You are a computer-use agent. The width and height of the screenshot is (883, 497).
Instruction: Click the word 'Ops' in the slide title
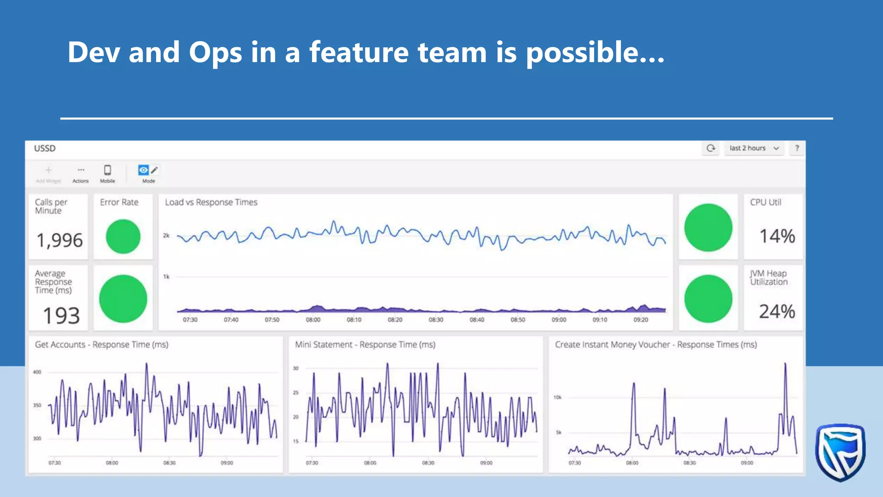215,53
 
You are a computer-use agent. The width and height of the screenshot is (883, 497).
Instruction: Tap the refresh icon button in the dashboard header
711,148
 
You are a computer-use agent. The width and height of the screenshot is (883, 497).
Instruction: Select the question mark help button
797,148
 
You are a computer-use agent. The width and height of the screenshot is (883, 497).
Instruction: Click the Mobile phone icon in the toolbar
107,170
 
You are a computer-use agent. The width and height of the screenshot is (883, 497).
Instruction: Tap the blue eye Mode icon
143,170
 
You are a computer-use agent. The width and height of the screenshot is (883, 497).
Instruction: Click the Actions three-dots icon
81,170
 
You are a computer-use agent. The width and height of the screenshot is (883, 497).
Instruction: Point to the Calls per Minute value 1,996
59,240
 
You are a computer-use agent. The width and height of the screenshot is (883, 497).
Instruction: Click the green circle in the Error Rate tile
123,236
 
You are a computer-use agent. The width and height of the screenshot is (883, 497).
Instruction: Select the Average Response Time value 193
61,315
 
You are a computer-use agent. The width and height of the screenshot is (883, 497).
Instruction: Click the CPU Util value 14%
777,236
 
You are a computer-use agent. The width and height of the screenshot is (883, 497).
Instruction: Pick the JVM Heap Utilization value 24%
777,311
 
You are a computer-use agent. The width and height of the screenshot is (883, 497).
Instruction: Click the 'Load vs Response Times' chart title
211,202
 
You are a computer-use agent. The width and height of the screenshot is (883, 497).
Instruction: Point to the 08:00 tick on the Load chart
313,320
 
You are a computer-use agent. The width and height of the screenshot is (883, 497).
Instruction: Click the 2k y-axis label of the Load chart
166,236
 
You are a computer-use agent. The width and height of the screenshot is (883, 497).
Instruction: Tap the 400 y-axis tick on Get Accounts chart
37,372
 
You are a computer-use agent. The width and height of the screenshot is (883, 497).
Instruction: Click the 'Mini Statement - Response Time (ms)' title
365,345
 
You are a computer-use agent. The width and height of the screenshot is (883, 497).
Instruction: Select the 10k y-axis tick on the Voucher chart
557,397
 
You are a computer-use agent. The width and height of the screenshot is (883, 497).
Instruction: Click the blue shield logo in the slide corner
840,452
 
